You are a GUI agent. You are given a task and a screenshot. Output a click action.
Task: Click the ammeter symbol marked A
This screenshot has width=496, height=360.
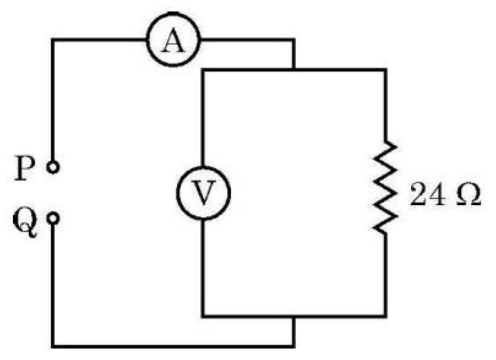tap(173, 40)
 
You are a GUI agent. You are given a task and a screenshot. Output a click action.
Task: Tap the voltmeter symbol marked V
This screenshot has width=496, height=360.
tap(204, 193)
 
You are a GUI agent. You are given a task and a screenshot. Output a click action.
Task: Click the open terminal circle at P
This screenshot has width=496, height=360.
tap(53, 167)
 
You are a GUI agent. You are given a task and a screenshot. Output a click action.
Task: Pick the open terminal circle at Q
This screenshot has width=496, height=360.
tap(53, 218)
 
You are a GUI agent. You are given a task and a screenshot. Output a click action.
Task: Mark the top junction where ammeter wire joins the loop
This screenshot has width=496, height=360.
tap(294, 70)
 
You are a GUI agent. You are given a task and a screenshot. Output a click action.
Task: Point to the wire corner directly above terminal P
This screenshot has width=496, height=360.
tap(53, 40)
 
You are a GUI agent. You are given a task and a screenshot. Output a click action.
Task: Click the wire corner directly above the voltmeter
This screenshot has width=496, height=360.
tap(204, 70)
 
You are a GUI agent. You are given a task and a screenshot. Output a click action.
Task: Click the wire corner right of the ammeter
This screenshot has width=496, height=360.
tap(294, 40)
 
